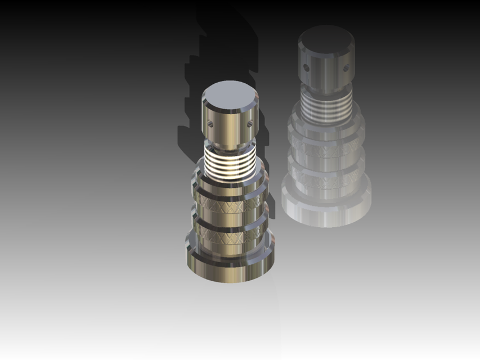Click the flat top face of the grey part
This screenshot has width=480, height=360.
point(326,38)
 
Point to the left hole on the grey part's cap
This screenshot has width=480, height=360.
point(306,69)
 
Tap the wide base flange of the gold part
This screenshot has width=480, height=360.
point(231,269)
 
